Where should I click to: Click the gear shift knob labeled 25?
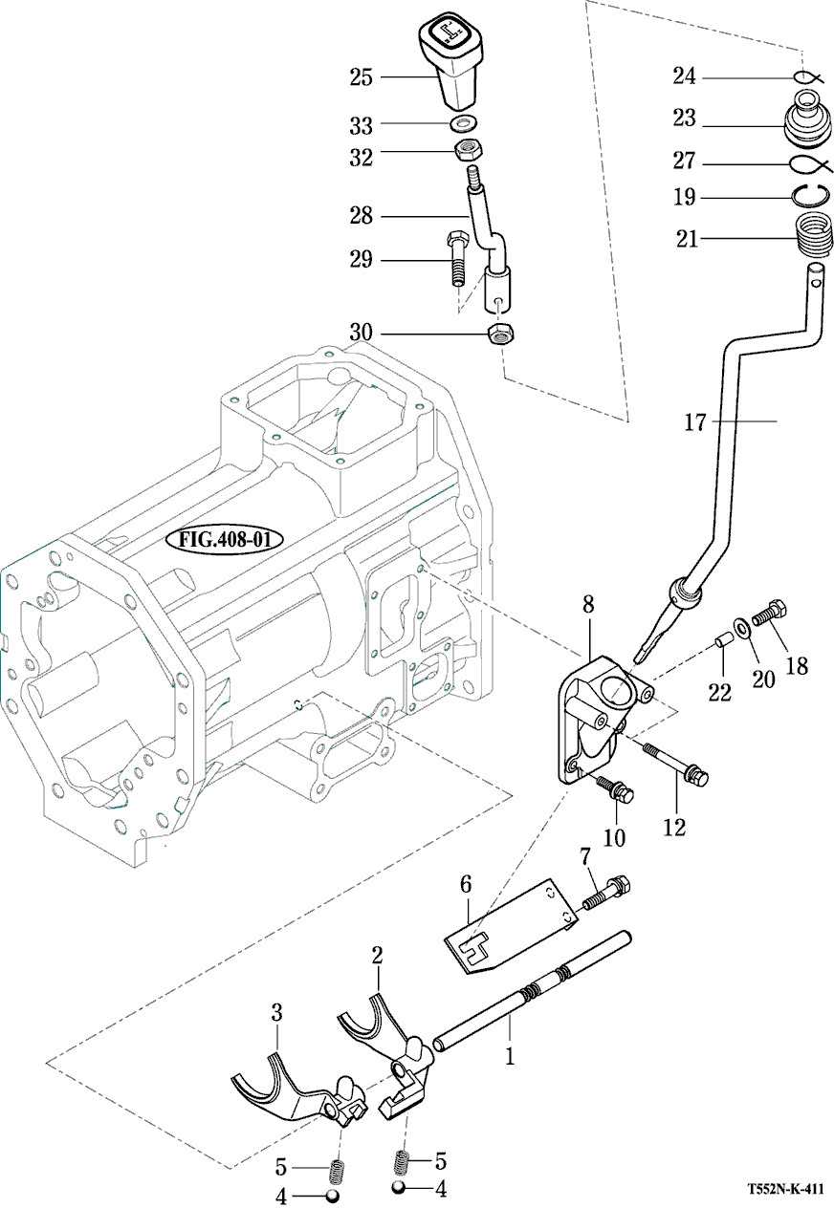(x=450, y=64)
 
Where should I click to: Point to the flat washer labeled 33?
(x=463, y=123)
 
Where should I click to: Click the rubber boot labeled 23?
(x=808, y=119)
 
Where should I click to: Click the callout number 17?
(x=694, y=421)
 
